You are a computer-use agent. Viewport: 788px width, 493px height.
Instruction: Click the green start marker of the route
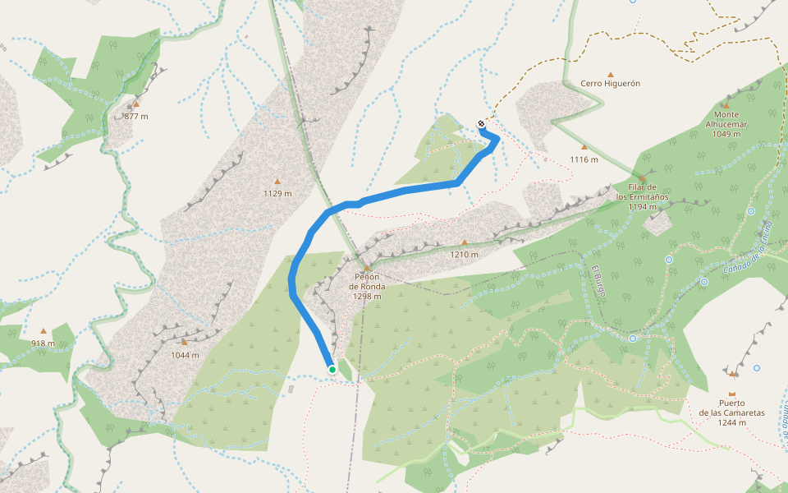point(332,370)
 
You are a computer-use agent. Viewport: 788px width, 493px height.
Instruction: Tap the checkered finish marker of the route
point(480,124)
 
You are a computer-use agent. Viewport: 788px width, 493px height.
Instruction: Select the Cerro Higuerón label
point(610,83)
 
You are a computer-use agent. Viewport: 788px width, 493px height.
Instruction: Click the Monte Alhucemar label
point(726,124)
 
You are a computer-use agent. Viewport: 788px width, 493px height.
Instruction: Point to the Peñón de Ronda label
point(367,286)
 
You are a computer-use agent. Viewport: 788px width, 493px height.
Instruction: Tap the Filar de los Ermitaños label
point(642,197)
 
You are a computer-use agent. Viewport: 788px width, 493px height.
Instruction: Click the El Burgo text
point(598,283)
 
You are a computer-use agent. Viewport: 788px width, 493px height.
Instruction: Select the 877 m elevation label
point(136,116)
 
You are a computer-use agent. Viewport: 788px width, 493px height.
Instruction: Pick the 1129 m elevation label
point(277,194)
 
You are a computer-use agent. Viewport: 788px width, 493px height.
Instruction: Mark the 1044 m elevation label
point(185,355)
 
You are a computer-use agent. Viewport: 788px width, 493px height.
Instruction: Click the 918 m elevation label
point(43,343)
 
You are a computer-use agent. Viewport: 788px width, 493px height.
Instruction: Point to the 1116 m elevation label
point(584,159)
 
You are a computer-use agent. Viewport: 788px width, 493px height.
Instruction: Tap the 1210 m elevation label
point(464,254)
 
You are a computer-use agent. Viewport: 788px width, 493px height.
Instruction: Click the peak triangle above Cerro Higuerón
point(610,73)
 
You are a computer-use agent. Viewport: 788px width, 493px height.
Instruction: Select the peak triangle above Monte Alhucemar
point(726,105)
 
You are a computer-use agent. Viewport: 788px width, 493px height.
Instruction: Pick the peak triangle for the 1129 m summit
point(277,182)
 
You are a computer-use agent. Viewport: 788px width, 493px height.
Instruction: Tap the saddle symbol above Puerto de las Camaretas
point(732,373)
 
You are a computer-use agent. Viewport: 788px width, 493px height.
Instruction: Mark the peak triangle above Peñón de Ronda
point(367,267)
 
